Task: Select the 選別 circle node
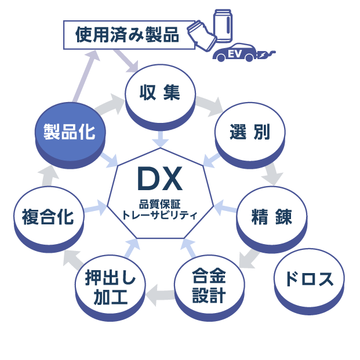coord(249,133)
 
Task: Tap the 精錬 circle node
coord(271,217)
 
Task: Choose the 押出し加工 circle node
coord(110,288)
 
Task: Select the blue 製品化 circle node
coord(69,133)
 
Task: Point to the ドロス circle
coord(309,280)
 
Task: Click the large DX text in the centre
coord(159,180)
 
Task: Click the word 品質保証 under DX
coord(159,203)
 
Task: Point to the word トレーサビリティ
coord(159,214)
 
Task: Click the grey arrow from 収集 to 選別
coord(208,106)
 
